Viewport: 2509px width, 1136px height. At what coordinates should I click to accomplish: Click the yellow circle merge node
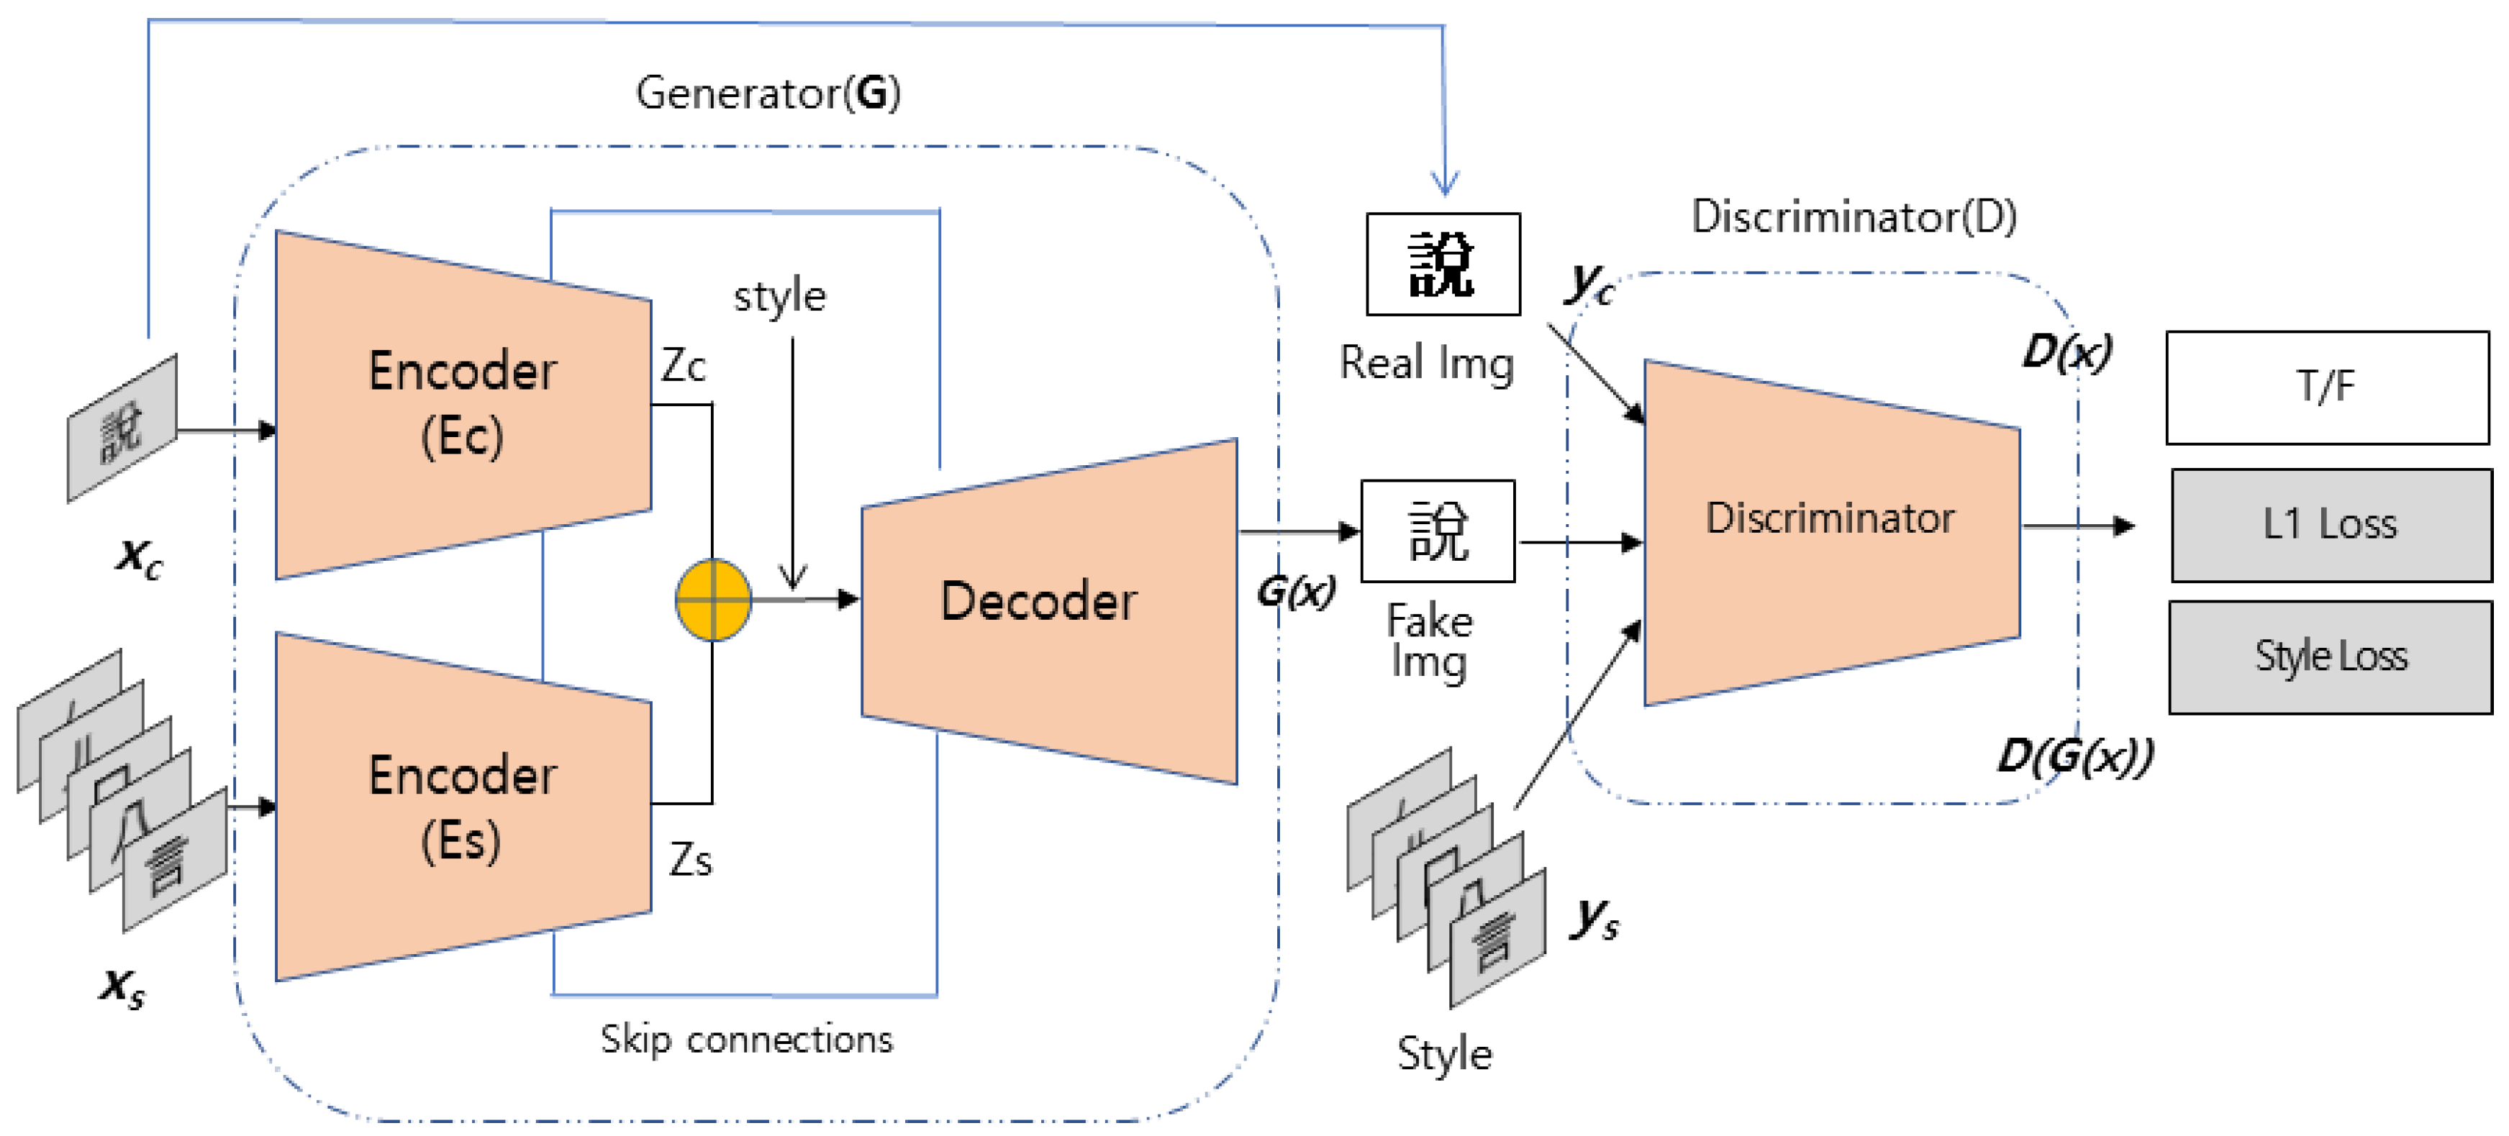pyautogui.click(x=713, y=600)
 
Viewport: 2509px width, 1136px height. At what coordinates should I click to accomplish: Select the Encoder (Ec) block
pyautogui.click(x=463, y=404)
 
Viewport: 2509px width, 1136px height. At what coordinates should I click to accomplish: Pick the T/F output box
pyautogui.click(x=2326, y=388)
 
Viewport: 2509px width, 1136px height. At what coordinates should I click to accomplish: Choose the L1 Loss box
pyautogui.click(x=2330, y=525)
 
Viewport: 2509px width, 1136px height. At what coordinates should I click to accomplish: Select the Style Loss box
pyautogui.click(x=2330, y=657)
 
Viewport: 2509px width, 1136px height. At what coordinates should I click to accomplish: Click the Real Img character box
pyautogui.click(x=1443, y=264)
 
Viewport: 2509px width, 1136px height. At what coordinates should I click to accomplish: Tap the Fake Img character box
pyautogui.click(x=1437, y=531)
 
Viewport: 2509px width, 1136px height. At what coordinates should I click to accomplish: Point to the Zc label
pyautogui.click(x=683, y=366)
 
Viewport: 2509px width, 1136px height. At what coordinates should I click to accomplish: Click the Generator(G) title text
pyautogui.click(x=768, y=93)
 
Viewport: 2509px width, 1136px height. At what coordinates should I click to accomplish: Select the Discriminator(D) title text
pyautogui.click(x=1853, y=216)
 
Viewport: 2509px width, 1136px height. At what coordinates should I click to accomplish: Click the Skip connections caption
pyautogui.click(x=746, y=1040)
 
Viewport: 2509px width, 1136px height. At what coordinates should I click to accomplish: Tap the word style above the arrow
pyautogui.click(x=779, y=296)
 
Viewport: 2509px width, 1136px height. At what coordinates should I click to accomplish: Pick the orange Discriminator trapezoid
pyautogui.click(x=1830, y=533)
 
